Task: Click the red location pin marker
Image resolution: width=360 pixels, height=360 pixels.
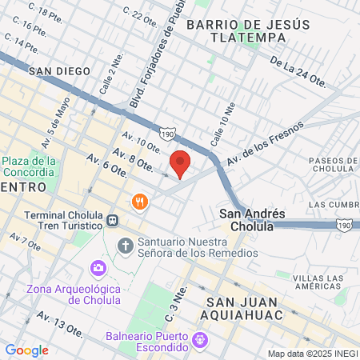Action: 181,163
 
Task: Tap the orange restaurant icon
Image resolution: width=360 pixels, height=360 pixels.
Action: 140,201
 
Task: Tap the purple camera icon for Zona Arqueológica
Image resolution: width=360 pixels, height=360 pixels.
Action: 98,267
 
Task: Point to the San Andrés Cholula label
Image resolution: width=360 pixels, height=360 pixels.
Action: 252,219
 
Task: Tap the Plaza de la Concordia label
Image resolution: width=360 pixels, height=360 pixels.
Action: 28,166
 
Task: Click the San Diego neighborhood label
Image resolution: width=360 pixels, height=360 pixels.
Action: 56,70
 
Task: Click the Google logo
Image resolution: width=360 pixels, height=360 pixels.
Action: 26,350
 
